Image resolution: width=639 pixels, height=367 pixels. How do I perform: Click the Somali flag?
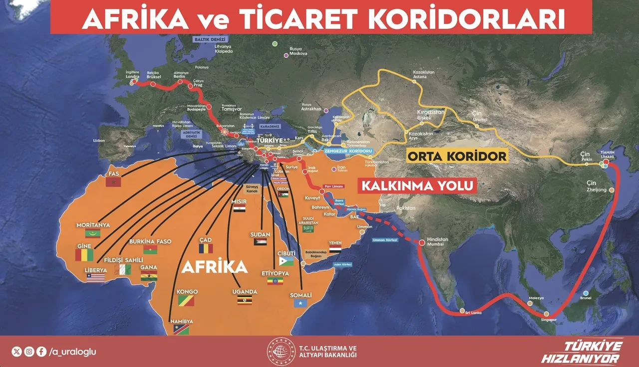pyautogui.click(x=301, y=303)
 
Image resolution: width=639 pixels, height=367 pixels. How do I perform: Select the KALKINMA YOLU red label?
pyautogui.click(x=416, y=186)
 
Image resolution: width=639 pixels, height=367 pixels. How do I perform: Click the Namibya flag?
pyautogui.click(x=181, y=330)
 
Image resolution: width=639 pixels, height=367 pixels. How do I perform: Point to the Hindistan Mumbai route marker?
pyautogui.click(x=422, y=243)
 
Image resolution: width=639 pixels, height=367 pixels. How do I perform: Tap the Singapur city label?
pyautogui.click(x=548, y=320)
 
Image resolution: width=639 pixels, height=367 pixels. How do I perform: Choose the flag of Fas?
pyautogui.click(x=113, y=183)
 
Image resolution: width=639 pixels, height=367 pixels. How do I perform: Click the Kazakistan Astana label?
pyautogui.click(x=424, y=74)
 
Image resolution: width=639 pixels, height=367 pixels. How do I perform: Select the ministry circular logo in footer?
pyautogui.click(x=282, y=352)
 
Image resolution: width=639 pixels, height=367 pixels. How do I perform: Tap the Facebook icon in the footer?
pyautogui.click(x=41, y=352)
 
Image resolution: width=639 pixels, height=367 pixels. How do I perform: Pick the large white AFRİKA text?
pyautogui.click(x=215, y=267)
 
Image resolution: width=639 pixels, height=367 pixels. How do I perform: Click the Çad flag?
pyautogui.click(x=205, y=248)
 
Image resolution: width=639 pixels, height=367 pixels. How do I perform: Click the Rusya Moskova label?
pyautogui.click(x=296, y=51)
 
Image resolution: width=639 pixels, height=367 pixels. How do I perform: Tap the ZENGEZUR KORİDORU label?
pyautogui.click(x=348, y=150)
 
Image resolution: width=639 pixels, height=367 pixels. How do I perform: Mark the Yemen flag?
pyautogui.click(x=335, y=248)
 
